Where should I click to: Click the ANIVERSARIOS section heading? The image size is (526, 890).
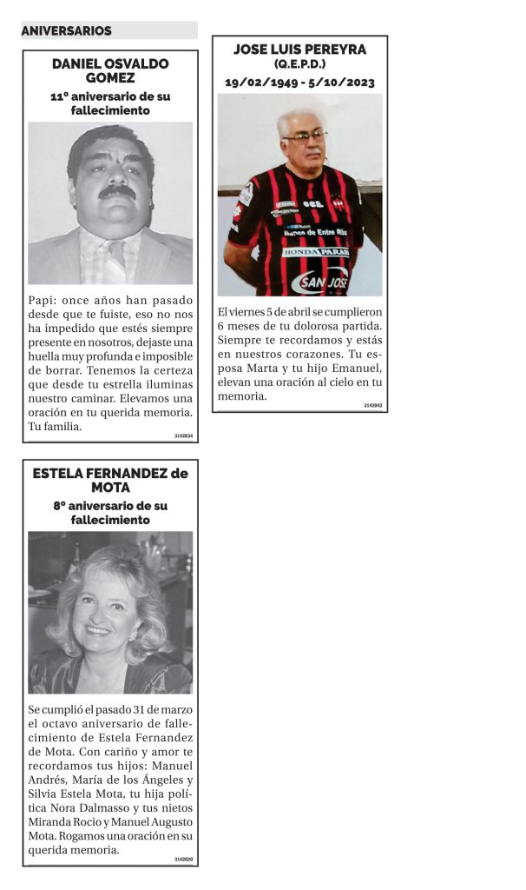coord(67,31)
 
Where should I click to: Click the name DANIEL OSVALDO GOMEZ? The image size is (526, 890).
coord(110,71)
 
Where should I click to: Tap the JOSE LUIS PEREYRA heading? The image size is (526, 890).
coord(299,50)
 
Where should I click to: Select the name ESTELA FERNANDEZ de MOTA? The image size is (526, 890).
coord(110,481)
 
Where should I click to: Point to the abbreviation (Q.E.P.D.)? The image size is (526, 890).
coord(299,65)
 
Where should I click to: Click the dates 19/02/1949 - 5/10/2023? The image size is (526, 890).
coord(299,83)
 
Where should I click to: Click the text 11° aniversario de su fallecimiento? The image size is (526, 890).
coord(110,103)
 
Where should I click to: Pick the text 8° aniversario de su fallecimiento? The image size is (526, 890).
coord(110,513)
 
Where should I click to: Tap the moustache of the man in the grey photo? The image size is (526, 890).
coord(116,192)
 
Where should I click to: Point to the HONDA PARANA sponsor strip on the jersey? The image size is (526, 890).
coord(315,252)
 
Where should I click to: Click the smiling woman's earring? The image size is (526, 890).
coord(133,634)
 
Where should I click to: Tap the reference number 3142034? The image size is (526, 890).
coord(183,435)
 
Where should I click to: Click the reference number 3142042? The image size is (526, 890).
coord(373,406)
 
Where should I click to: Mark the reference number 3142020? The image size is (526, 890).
coord(183,860)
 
